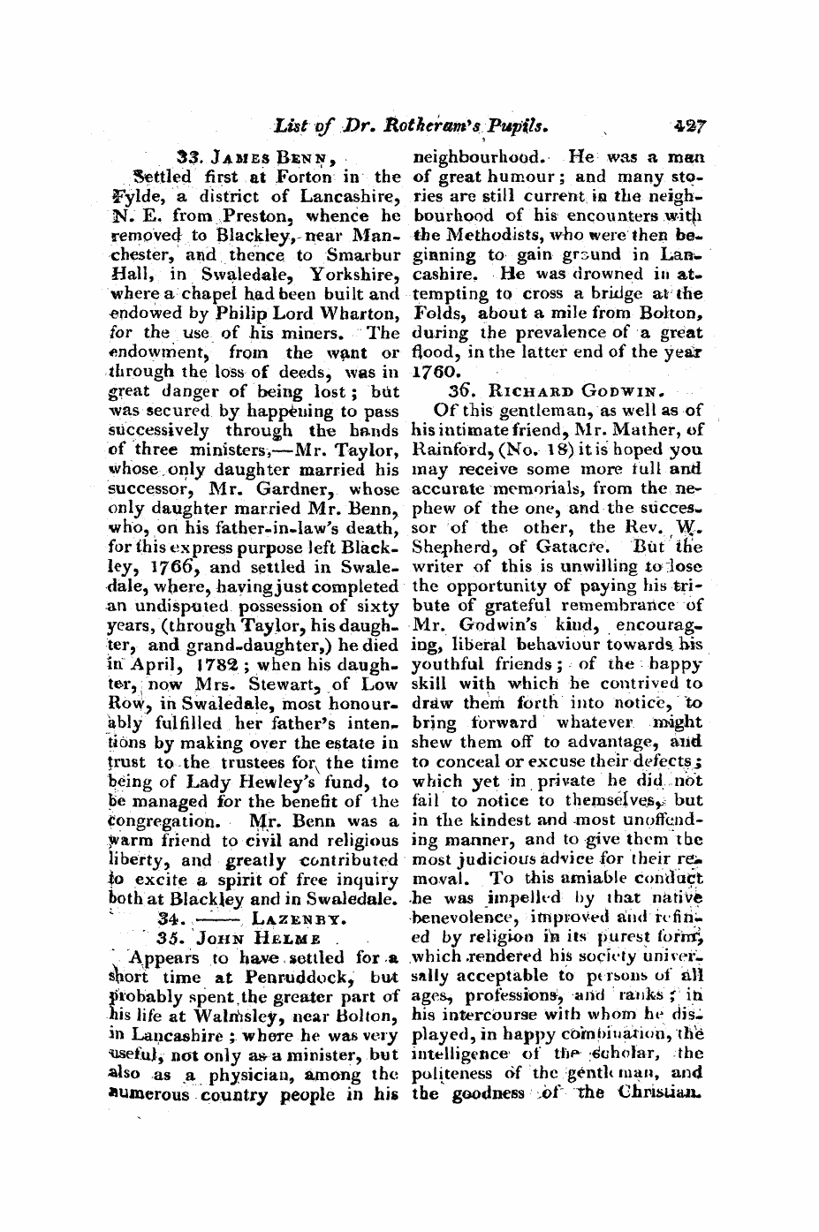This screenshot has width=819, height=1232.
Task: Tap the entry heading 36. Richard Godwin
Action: point(556,392)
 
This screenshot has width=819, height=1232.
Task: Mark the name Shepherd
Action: point(448,548)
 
